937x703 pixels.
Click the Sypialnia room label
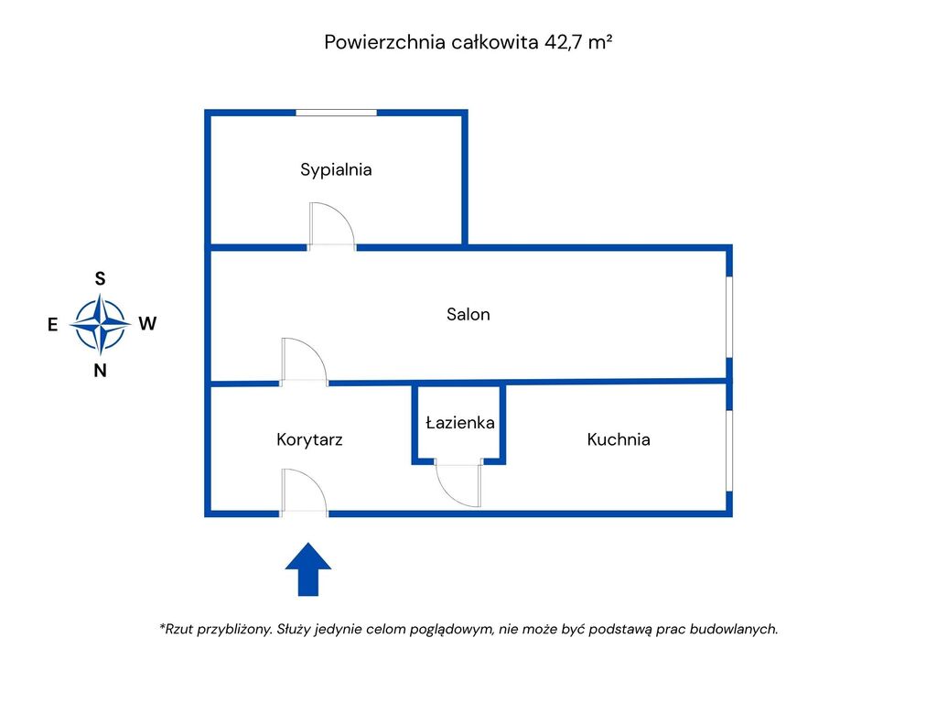(336, 169)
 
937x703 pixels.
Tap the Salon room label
(468, 314)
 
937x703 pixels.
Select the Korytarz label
(309, 439)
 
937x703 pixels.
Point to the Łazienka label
(460, 423)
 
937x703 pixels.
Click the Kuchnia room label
(619, 439)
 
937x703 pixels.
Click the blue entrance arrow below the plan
(308, 568)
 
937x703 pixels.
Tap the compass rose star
(100, 324)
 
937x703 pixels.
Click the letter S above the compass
(101, 279)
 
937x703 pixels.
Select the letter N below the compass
(101, 371)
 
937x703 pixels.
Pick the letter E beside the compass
(53, 324)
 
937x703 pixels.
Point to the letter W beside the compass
(147, 323)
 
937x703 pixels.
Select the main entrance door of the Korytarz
(304, 492)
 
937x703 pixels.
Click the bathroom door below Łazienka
(458, 482)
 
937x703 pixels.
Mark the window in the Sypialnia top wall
(336, 113)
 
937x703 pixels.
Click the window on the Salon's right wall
(729, 317)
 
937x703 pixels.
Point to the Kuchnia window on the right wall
(729, 449)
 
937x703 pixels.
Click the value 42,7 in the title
(564, 42)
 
